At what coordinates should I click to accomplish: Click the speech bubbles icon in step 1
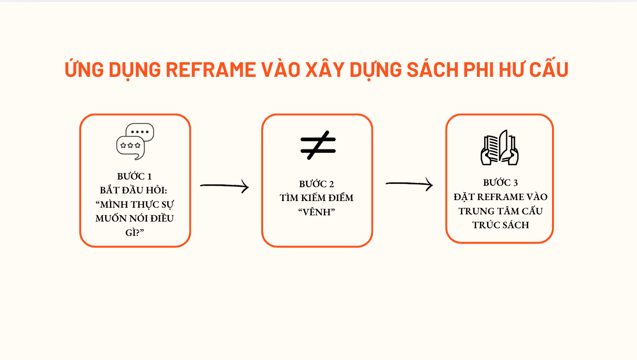pyautogui.click(x=135, y=141)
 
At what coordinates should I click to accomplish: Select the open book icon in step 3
pyautogui.click(x=499, y=148)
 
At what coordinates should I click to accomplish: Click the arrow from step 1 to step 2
pyautogui.click(x=224, y=186)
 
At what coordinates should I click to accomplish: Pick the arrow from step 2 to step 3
pyautogui.click(x=409, y=184)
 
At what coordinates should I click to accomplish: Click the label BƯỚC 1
pyautogui.click(x=135, y=176)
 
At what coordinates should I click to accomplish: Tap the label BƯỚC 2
pyautogui.click(x=317, y=184)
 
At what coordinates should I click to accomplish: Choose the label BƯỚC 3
pyautogui.click(x=500, y=182)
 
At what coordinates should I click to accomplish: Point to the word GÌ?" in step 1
pyautogui.click(x=134, y=232)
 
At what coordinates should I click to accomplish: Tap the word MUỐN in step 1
pyautogui.click(x=110, y=218)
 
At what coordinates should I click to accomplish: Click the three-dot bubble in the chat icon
pyautogui.click(x=140, y=131)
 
